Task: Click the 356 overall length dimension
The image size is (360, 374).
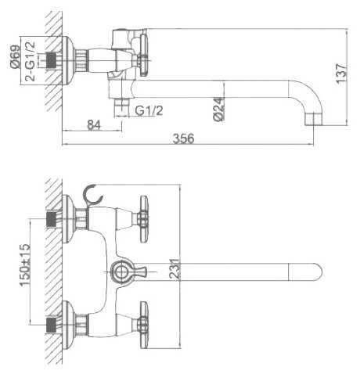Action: (x=184, y=138)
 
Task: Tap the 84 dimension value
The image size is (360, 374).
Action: (x=94, y=125)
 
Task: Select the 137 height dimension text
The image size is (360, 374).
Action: (x=342, y=74)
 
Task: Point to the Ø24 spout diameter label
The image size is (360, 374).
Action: (x=218, y=109)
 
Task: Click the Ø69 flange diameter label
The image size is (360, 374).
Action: (x=15, y=57)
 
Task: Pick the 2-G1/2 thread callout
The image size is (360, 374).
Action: (x=30, y=61)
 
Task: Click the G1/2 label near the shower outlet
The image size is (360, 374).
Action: (x=149, y=110)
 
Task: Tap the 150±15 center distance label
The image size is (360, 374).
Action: (x=25, y=265)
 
